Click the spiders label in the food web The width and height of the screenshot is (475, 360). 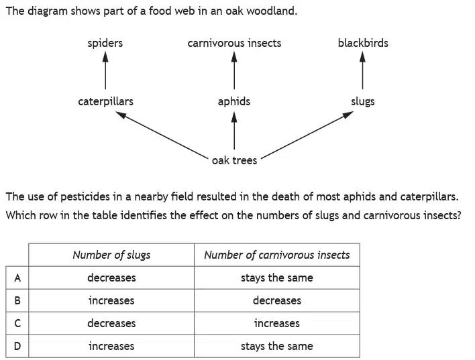click(x=105, y=44)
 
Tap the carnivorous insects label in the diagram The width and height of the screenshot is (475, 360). click(x=234, y=43)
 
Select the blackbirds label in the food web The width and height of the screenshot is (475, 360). click(x=363, y=43)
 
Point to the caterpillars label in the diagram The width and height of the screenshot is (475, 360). click(x=106, y=101)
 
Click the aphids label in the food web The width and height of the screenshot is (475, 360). click(x=234, y=101)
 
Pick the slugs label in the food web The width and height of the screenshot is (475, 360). click(x=362, y=102)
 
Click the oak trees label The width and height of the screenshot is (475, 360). click(x=234, y=160)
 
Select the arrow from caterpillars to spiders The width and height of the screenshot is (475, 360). click(x=105, y=70)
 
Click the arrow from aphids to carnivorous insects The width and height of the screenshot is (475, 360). click(x=234, y=70)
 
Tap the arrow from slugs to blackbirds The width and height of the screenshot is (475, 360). click(x=362, y=70)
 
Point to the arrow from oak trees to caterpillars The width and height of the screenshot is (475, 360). click(x=162, y=135)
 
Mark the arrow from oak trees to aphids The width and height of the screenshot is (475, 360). click(x=234, y=131)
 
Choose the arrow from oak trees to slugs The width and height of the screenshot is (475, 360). click(x=307, y=135)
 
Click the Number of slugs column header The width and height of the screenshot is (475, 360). click(x=111, y=255)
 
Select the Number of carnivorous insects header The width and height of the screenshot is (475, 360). click(x=277, y=255)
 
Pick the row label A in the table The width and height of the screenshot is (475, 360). click(x=17, y=278)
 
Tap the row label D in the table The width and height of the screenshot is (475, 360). click(x=17, y=346)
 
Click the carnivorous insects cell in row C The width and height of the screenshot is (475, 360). click(x=277, y=323)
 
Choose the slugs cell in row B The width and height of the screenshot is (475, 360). click(x=111, y=300)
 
